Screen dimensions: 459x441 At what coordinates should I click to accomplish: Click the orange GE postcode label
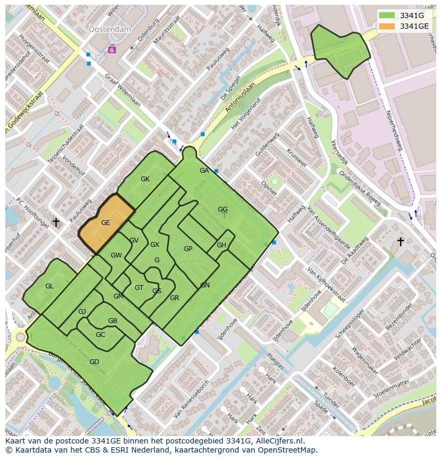105,223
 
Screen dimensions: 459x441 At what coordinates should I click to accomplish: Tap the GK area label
145,179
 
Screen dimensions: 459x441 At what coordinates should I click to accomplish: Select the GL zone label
49,286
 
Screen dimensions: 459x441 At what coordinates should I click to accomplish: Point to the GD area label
94,362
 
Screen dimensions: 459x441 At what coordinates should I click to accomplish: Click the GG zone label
223,210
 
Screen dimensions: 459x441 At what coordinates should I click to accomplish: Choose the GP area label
188,249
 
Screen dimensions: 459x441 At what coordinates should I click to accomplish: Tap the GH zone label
222,245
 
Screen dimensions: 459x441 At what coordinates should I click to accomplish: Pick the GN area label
205,285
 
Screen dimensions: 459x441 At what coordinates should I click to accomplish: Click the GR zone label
174,298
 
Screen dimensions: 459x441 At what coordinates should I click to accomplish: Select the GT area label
139,288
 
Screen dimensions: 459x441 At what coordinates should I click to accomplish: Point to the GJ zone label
82,312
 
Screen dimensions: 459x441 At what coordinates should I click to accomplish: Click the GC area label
100,335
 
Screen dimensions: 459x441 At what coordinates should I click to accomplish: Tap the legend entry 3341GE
414,26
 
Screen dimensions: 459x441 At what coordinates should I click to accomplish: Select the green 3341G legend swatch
387,15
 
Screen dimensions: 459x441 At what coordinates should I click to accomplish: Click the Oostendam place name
110,30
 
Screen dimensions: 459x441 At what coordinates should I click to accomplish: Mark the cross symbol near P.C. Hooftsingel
56,222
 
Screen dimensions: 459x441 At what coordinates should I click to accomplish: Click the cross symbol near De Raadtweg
401,242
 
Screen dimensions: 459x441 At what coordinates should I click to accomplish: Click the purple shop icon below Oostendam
112,49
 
